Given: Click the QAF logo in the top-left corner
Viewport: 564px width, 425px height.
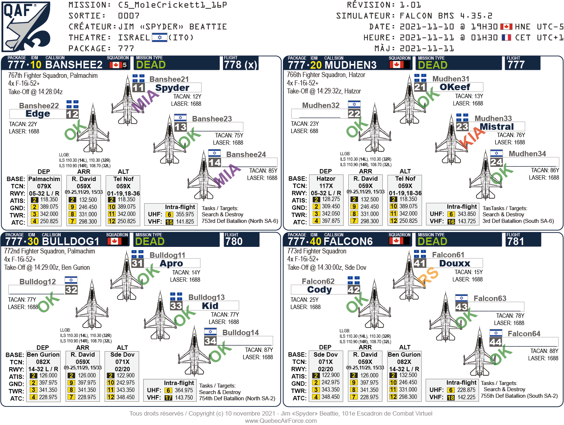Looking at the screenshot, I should [x=26, y=26].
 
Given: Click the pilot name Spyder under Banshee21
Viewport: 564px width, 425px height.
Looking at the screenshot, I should [x=172, y=88].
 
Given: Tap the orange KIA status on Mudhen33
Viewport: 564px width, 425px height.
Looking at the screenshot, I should [x=471, y=140].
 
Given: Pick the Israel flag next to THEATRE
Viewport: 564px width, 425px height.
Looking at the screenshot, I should [x=159, y=37].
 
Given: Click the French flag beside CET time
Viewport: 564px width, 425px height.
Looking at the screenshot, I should [x=506, y=37].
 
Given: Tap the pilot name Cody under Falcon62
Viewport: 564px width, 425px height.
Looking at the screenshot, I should [x=320, y=290].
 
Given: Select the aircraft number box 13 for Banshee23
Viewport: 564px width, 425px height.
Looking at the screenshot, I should [x=180, y=127].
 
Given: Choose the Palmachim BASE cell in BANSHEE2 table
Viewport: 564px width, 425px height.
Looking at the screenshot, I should [x=44, y=179].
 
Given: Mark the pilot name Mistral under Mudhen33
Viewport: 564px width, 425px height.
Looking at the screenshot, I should [x=496, y=127].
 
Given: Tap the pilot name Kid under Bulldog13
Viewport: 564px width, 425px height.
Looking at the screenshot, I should [x=210, y=306].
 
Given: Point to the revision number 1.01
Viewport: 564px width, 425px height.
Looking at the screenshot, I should [x=410, y=5].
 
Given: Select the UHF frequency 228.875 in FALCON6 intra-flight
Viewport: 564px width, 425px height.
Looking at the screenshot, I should [x=466, y=390].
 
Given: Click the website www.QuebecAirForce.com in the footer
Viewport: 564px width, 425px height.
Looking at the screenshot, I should [x=281, y=421].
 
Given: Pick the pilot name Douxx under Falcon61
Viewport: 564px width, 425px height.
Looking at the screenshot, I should [x=455, y=264].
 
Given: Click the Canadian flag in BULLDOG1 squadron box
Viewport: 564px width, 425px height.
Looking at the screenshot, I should [x=114, y=241].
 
